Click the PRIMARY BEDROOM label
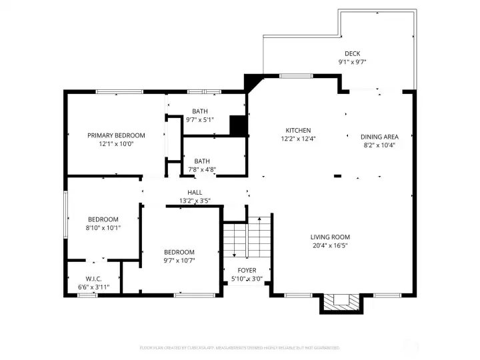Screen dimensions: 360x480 (116, 135)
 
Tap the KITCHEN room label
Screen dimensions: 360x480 (298, 131)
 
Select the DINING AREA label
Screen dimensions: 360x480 (380, 137)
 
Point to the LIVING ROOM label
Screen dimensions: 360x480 (330, 237)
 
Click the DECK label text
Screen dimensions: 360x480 (352, 54)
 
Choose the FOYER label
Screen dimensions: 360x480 (247, 271)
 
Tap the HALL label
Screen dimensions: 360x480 (195, 193)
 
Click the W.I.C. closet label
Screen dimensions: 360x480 (93, 279)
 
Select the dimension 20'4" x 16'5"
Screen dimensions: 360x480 (330, 245)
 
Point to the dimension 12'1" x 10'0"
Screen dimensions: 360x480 (116, 143)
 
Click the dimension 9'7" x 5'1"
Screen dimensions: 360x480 (200, 120)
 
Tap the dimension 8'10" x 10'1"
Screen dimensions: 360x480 (103, 227)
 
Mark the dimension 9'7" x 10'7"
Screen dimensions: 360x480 (179, 260)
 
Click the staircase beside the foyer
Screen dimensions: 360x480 (247, 237)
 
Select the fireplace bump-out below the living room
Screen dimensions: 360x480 (343, 303)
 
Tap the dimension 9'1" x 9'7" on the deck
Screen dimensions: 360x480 (352, 62)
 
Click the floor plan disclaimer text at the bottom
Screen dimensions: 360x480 (240, 348)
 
